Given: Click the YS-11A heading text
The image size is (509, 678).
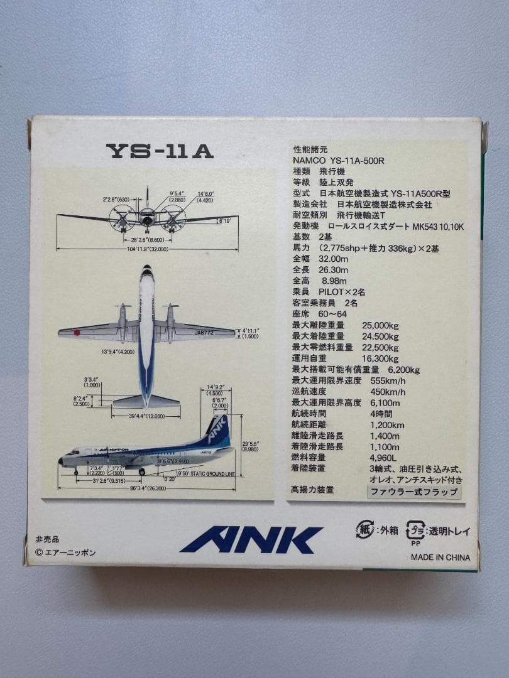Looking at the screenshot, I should pyautogui.click(x=160, y=151).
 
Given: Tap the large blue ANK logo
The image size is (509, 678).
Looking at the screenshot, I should pyautogui.click(x=251, y=540).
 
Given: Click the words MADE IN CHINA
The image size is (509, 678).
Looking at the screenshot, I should pyautogui.click(x=441, y=557).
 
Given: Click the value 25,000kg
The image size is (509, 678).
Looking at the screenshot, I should pyautogui.click(x=380, y=325).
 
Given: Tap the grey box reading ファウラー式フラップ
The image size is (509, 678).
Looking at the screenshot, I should pyautogui.click(x=413, y=492).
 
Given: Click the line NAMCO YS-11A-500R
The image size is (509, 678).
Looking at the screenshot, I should pyautogui.click(x=338, y=160).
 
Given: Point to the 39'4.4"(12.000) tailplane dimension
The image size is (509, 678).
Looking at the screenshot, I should pyautogui.click(x=146, y=415).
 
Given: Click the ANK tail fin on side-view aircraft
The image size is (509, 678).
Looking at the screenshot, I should pyautogui.click(x=218, y=429).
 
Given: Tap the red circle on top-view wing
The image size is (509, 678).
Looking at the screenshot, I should pyautogui.click(x=77, y=333).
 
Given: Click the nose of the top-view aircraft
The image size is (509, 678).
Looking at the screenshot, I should pyautogui.click(x=146, y=271).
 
